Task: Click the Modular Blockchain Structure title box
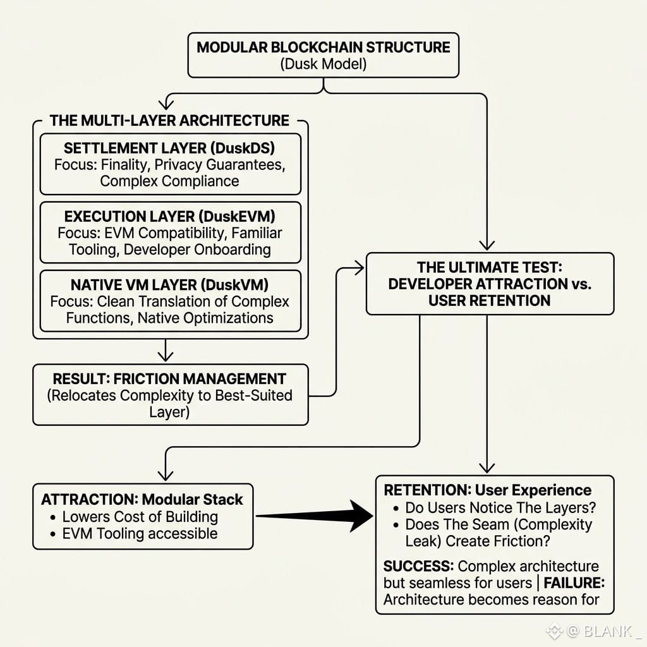point(323,56)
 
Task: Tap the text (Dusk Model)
point(323,64)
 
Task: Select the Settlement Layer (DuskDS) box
point(171,164)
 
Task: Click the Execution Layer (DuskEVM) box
point(171,233)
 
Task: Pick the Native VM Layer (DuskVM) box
point(171,301)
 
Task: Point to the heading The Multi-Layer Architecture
point(169,121)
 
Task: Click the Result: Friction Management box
point(171,394)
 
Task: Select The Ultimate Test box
point(490,284)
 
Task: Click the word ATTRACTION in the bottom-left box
point(88,499)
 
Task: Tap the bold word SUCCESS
point(419,565)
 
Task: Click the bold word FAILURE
point(574,583)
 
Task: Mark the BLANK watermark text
point(608,631)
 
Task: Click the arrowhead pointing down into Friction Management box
point(166,356)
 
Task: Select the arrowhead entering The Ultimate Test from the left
point(359,268)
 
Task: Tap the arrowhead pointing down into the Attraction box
point(166,475)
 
